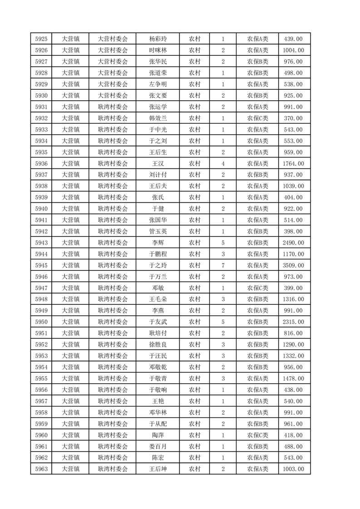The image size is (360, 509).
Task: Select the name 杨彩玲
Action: pyautogui.click(x=158, y=39)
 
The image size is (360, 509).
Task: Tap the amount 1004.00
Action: pyautogui.click(x=293, y=50)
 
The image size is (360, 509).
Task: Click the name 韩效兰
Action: pyautogui.click(x=158, y=118)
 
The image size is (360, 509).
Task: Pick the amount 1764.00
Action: pyautogui.click(x=293, y=164)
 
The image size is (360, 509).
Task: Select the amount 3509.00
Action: pyautogui.click(x=293, y=265)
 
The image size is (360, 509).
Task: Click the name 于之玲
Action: pyautogui.click(x=158, y=265)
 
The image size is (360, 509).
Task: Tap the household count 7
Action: pyautogui.click(x=223, y=265)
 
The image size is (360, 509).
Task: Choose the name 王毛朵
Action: pyautogui.click(x=158, y=299)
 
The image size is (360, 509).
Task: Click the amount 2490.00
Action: pyautogui.click(x=293, y=243)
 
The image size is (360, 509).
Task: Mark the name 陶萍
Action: pyautogui.click(x=158, y=435)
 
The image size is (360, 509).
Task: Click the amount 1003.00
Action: pyautogui.click(x=293, y=469)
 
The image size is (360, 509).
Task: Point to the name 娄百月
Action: pyautogui.click(x=158, y=446)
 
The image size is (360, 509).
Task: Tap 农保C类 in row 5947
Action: pyautogui.click(x=257, y=288)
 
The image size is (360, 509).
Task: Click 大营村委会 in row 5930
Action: pyautogui.click(x=113, y=96)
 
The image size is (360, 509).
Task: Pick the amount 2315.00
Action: pyautogui.click(x=293, y=322)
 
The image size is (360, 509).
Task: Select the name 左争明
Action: pyautogui.click(x=158, y=84)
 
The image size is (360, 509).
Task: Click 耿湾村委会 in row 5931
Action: pyautogui.click(x=113, y=107)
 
